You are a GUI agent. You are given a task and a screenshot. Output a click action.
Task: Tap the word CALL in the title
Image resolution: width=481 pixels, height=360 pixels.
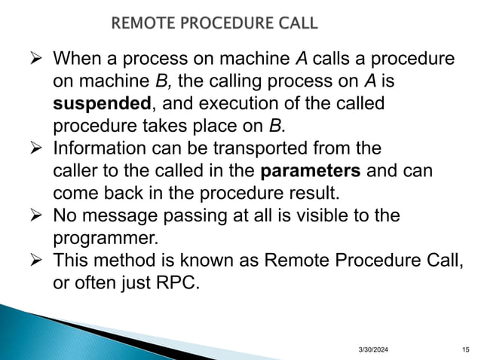click(296, 23)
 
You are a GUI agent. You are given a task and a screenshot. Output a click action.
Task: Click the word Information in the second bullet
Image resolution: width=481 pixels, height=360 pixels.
click(101, 148)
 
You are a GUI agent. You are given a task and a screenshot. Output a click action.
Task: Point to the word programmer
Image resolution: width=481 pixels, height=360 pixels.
click(106, 239)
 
